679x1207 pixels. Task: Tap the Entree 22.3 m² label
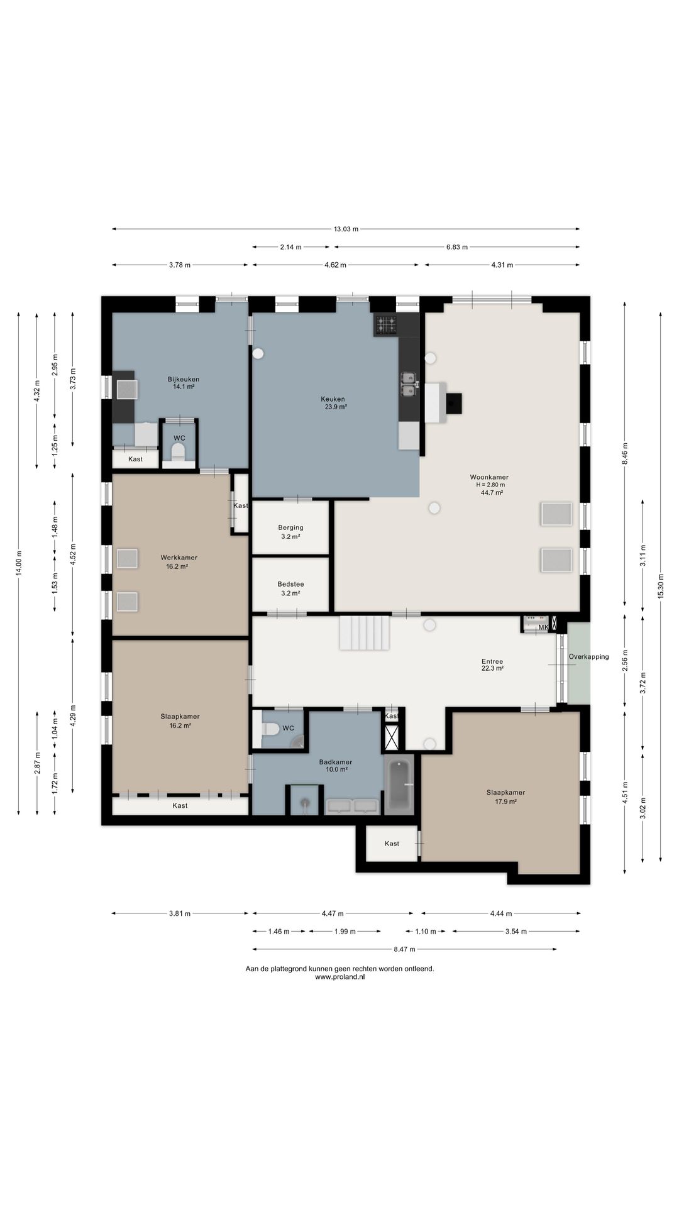(x=492, y=664)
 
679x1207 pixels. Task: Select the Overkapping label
(x=588, y=657)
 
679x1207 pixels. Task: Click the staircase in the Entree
(x=365, y=633)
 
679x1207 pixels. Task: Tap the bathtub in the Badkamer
(x=399, y=785)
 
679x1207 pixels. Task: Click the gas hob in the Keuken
(x=387, y=324)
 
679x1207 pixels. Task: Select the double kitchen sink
(x=409, y=384)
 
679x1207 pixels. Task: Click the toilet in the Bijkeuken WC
(x=179, y=451)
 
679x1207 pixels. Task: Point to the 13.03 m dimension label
(x=346, y=229)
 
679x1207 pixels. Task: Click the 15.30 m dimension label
(x=661, y=586)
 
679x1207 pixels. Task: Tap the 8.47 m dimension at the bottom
(x=404, y=949)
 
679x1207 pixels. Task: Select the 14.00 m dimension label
(x=19, y=563)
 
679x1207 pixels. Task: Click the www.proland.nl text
(x=339, y=978)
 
